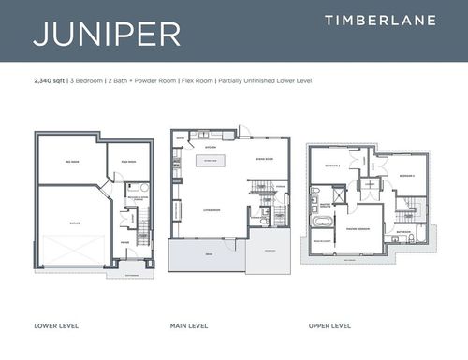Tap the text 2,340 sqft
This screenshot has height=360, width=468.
point(50,81)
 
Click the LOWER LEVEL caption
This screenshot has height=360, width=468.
point(56,326)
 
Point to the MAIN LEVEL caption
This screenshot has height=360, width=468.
point(190,326)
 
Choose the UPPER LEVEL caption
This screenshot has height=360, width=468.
point(329,326)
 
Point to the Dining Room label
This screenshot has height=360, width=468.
point(263,160)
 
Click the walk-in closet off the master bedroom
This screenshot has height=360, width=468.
point(324,243)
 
